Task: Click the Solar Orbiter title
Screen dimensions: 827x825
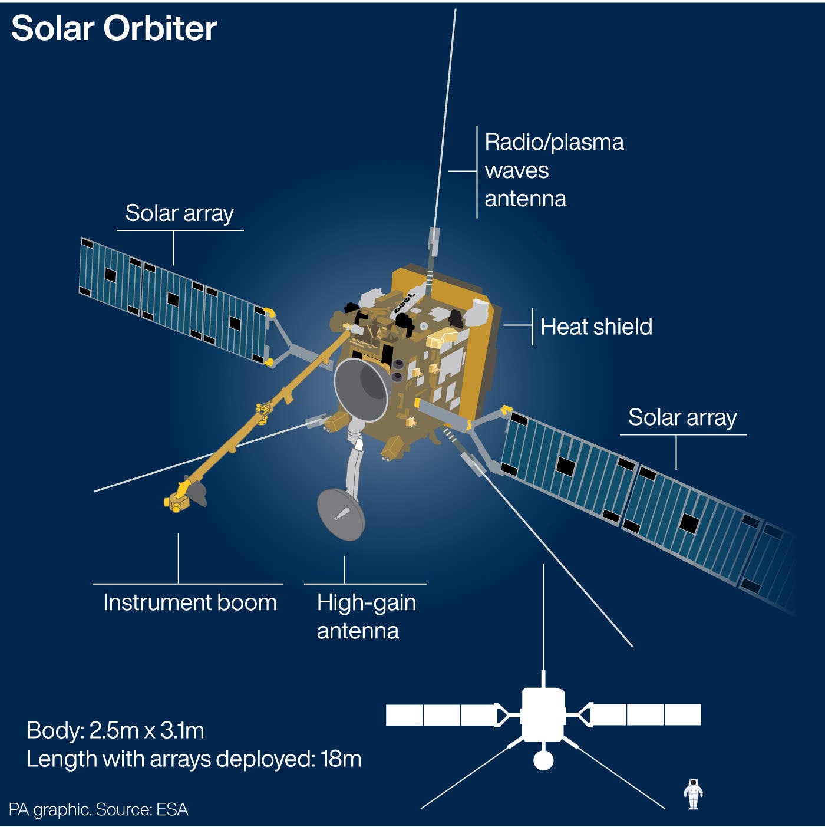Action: tap(114, 28)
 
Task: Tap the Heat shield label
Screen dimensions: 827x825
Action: tap(596, 327)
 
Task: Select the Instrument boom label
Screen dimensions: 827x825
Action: tap(190, 602)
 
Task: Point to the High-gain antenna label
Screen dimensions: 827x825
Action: tap(365, 617)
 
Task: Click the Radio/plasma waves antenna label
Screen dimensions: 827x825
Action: tap(553, 170)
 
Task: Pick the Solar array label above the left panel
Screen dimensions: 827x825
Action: tap(180, 213)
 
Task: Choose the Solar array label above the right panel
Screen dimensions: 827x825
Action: tap(682, 417)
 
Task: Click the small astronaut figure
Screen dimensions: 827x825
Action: tap(694, 793)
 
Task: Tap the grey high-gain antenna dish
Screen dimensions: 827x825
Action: tap(341, 515)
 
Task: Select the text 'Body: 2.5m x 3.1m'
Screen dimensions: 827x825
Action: tap(115, 730)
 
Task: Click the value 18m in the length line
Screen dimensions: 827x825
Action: tap(341, 759)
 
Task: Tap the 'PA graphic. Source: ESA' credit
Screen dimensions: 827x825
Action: tap(98, 809)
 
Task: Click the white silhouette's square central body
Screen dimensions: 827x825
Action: tap(543, 715)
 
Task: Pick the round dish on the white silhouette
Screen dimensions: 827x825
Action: tap(543, 760)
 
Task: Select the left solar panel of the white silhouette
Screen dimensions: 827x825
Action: tap(441, 715)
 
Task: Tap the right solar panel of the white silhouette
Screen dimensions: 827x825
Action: tap(645, 715)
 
